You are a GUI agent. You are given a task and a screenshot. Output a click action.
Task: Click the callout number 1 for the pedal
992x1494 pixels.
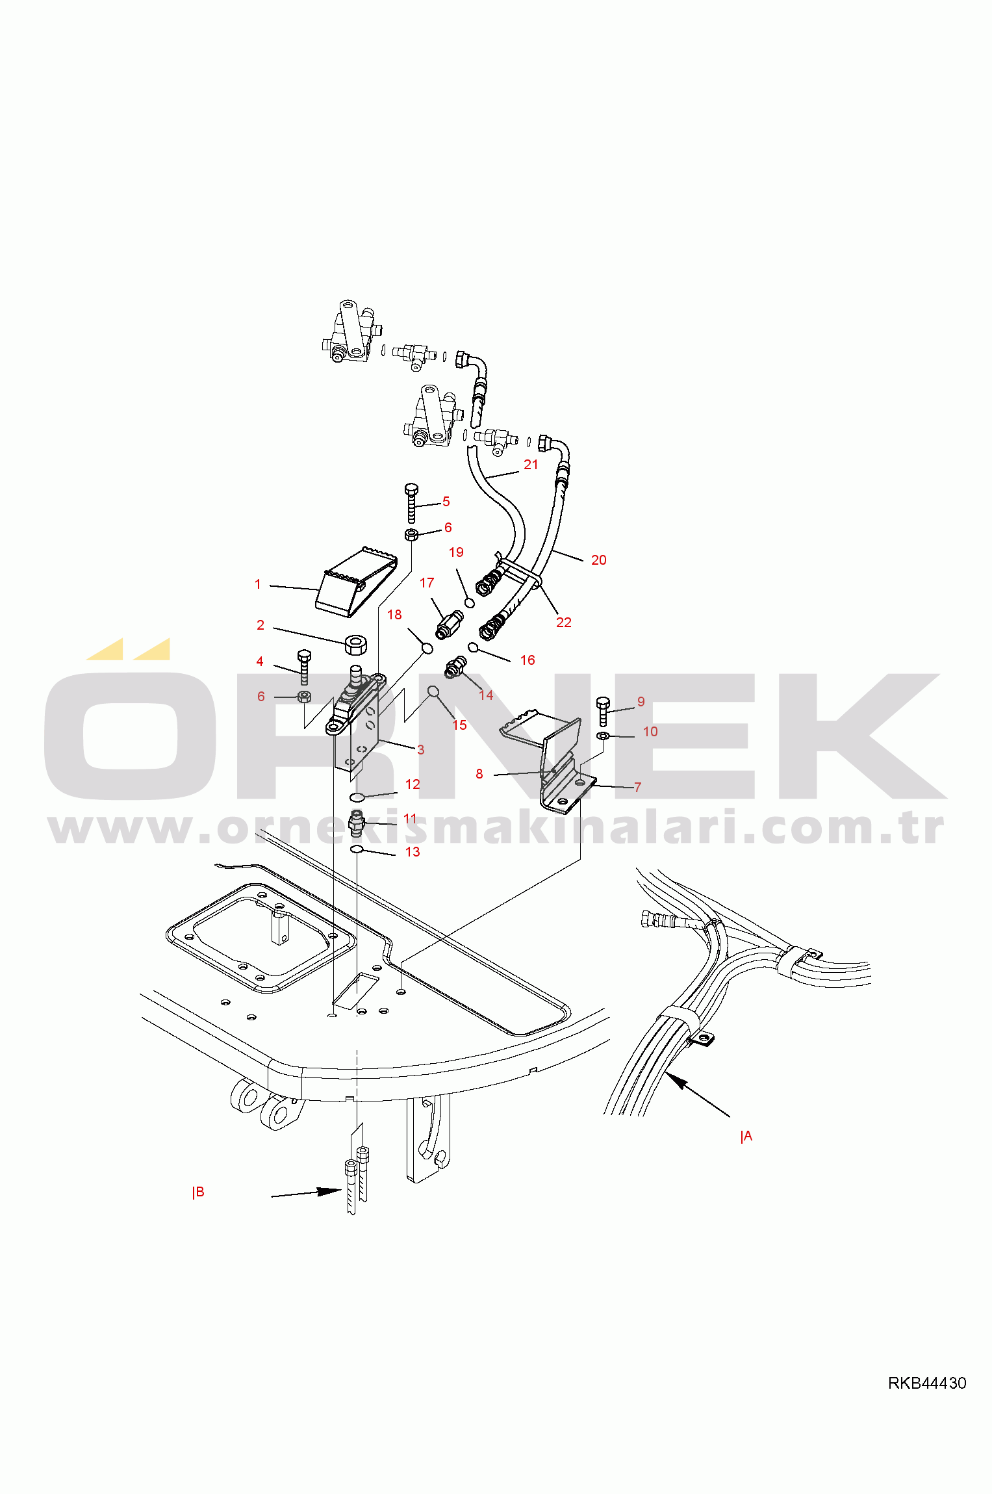coord(258,584)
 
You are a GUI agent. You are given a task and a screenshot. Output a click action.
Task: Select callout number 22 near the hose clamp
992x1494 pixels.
coord(564,622)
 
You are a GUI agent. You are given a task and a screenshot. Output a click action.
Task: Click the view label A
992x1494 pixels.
coord(747,1136)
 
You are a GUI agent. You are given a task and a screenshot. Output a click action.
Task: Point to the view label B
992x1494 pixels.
coord(199,1192)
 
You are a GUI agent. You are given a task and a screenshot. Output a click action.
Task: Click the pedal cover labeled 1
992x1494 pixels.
coord(357,582)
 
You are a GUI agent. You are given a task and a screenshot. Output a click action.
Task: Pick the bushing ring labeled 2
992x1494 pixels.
coord(355,645)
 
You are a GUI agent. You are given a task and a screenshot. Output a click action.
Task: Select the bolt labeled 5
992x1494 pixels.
coord(411,503)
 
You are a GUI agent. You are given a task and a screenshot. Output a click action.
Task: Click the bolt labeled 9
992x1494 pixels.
coord(603,711)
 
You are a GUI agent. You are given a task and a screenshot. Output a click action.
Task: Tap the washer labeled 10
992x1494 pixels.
coord(603,736)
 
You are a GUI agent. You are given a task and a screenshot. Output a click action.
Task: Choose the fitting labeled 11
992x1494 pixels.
coord(356,823)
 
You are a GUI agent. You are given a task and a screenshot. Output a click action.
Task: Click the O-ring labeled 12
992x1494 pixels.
coord(357,797)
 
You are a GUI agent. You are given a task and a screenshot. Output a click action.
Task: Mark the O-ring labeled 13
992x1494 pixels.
coord(356,849)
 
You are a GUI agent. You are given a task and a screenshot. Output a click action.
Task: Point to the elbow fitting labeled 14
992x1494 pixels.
coord(455,667)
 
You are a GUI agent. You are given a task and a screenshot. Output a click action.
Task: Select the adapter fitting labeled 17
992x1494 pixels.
coord(449,625)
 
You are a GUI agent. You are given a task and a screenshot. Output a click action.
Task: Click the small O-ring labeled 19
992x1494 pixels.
coord(470,602)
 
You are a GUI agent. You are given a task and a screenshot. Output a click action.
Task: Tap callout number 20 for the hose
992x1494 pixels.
coord(598,560)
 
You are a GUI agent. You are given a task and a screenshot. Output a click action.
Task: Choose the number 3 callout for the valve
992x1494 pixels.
coord(421,749)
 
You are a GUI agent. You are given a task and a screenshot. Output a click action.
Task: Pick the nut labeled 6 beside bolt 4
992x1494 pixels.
coord(303,697)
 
